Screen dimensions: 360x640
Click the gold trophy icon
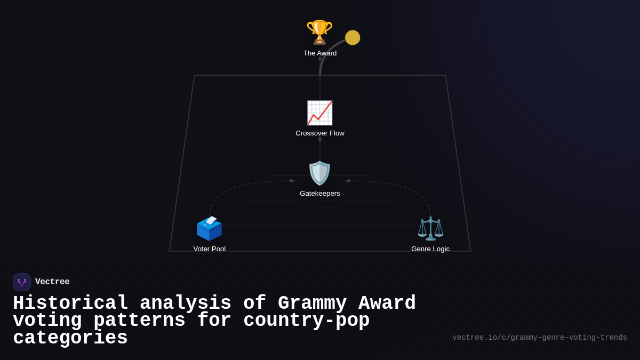point(319,32)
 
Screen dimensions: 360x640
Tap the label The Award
point(320,53)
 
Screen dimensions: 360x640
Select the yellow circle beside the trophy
point(353,38)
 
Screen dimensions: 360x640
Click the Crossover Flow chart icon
point(319,113)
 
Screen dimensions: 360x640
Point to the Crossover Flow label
point(320,133)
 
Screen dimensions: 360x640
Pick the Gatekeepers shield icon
point(320,173)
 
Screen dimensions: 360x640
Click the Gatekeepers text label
point(320,194)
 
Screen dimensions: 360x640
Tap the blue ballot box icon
point(209,228)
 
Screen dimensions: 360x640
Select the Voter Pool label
point(210,249)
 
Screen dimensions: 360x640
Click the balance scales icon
point(430,228)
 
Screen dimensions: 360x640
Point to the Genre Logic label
point(430,249)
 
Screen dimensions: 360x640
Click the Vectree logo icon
point(22,282)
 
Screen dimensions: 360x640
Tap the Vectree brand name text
point(52,282)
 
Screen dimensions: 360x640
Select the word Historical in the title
point(70,303)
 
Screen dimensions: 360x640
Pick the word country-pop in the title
point(306,321)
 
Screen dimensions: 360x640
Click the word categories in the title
point(70,338)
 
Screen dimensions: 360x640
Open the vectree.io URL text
point(539,338)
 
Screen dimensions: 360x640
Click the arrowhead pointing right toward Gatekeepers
point(292,181)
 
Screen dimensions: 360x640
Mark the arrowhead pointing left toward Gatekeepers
point(348,181)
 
